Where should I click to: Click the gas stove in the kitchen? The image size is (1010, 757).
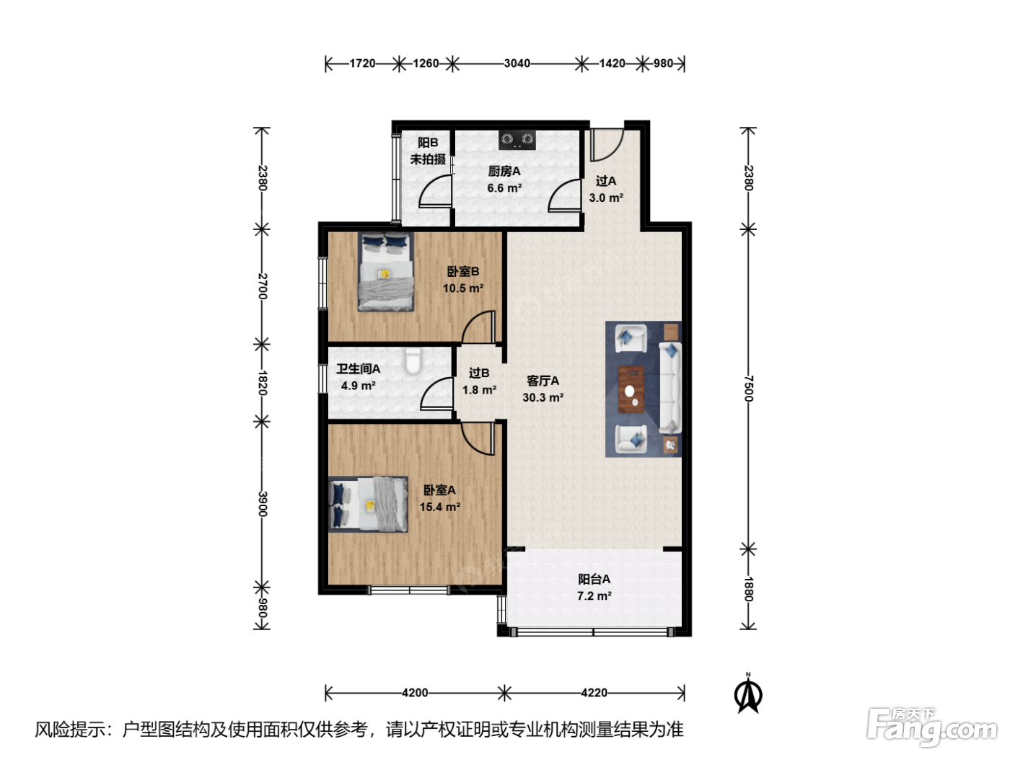point(517,140)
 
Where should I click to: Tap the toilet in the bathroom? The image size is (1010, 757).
point(413,360)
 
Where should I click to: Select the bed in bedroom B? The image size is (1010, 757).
point(385,272)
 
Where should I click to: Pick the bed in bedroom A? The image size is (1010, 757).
point(368,504)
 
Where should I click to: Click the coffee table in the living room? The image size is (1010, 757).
point(631,389)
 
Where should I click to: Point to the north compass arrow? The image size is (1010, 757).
point(747,694)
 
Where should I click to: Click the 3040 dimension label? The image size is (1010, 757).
point(517,63)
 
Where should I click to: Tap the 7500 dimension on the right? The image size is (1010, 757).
point(749,389)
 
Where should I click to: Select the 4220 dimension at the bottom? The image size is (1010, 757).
point(594,693)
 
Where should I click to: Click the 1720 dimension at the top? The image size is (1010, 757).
point(362,63)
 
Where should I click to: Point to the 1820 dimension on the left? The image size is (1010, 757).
point(263,382)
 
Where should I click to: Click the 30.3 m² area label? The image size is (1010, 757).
point(543,397)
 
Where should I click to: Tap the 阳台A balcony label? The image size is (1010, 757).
point(594,579)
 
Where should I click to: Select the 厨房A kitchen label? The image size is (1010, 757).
point(504,172)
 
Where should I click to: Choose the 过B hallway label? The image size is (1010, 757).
point(479,373)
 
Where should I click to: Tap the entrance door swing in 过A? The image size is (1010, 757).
point(607,145)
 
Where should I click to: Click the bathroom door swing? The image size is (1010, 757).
point(436,394)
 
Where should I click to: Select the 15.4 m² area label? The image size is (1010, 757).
point(440,507)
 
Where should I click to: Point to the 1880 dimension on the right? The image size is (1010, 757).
point(749,589)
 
